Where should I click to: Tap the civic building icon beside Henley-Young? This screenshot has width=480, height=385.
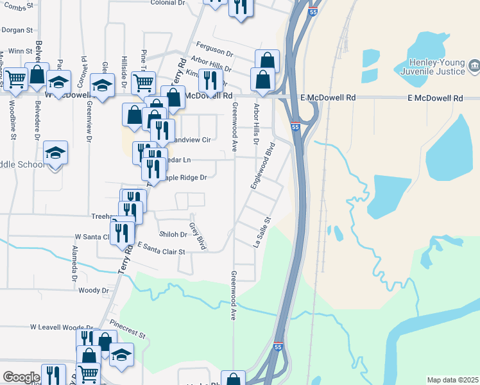474,64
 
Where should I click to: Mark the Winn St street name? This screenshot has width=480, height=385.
21,51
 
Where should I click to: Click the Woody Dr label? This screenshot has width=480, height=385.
94,291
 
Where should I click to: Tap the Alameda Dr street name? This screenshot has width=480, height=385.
75,263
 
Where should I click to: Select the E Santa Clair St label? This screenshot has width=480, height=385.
160,249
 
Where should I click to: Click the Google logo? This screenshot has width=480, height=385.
21,377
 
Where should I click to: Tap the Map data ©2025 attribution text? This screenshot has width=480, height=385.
452,380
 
